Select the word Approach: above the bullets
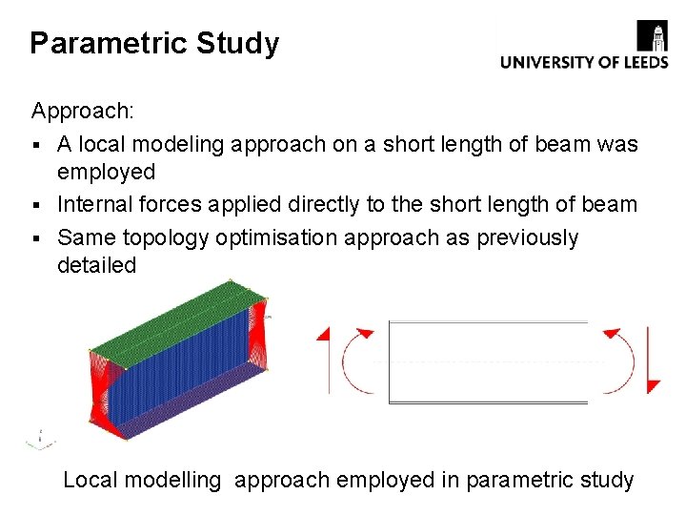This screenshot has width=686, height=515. click(83, 111)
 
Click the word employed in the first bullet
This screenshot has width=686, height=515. click(106, 173)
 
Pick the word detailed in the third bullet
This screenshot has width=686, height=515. click(96, 265)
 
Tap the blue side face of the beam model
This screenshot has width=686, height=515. click(181, 372)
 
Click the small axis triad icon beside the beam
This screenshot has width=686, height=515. click(38, 440)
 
